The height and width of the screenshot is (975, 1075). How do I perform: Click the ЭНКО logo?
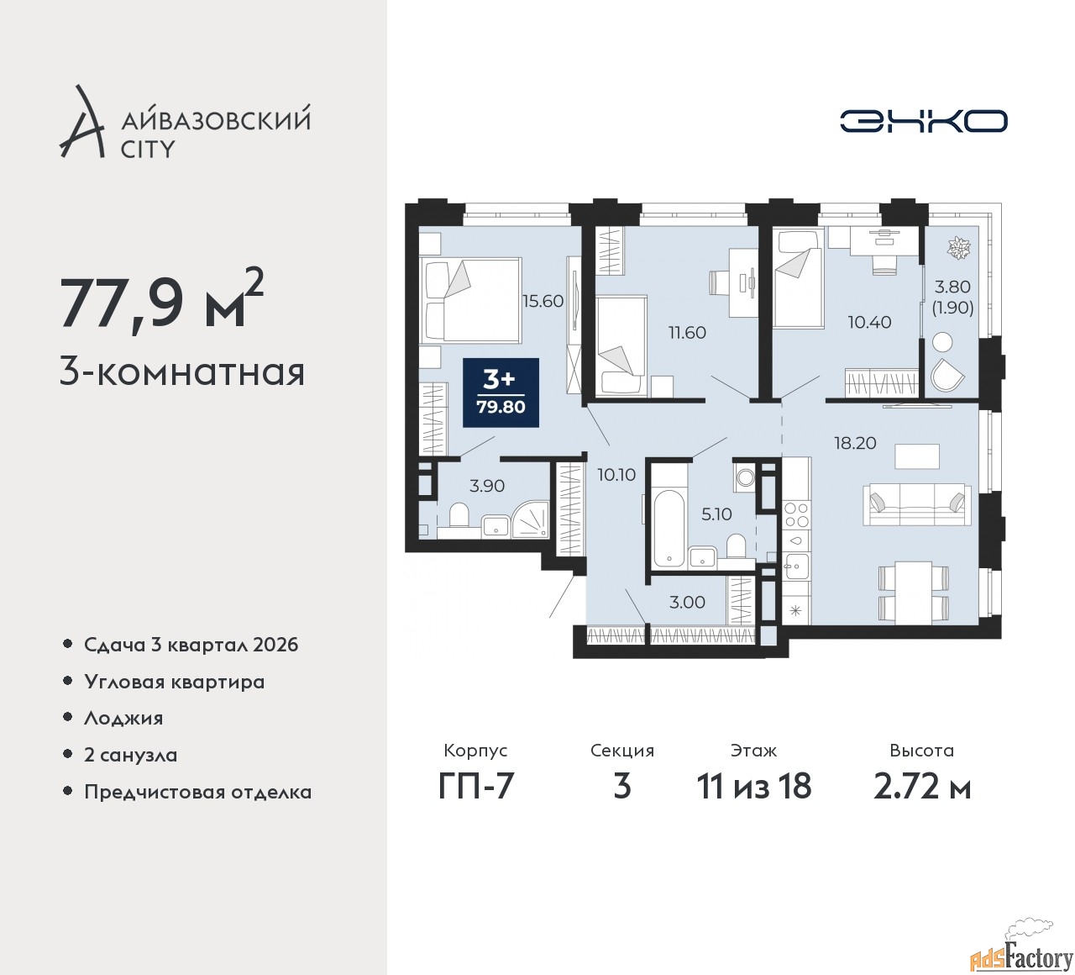pyautogui.click(x=923, y=121)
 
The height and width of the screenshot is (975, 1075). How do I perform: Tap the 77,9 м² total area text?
pyautogui.click(x=162, y=303)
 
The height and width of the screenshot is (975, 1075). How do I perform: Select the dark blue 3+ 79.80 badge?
pyautogui.click(x=501, y=393)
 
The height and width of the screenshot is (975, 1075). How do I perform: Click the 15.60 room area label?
pyautogui.click(x=543, y=302)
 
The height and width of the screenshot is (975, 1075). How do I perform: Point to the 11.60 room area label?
pyautogui.click(x=687, y=333)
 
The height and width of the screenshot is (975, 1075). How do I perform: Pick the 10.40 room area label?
pyautogui.click(x=869, y=322)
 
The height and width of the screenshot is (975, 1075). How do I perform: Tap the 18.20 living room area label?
pyautogui.click(x=855, y=443)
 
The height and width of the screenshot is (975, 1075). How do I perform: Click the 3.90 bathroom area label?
pyautogui.click(x=487, y=486)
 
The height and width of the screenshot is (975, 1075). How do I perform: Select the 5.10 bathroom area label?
pyautogui.click(x=717, y=514)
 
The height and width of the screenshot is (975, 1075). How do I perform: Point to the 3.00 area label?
pyautogui.click(x=687, y=603)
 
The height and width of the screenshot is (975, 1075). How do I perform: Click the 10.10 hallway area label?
pyautogui.click(x=616, y=475)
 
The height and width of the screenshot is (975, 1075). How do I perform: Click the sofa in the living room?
pyautogui.click(x=917, y=504)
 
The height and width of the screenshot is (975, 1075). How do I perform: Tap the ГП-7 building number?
pyautogui.click(x=476, y=786)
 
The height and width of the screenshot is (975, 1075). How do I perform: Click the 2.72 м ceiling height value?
pyautogui.click(x=922, y=787)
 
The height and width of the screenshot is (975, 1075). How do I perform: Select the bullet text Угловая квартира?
pyautogui.click(x=174, y=682)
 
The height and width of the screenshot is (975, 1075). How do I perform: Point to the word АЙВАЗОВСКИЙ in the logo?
pyautogui.click(x=216, y=120)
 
